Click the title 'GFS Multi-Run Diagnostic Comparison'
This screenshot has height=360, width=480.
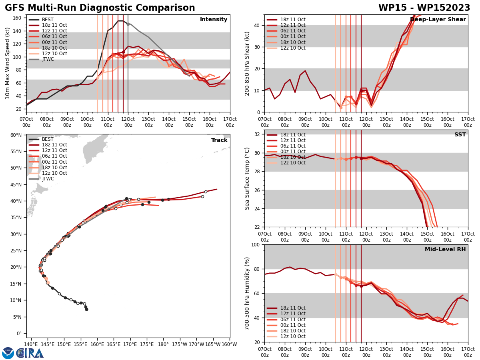pos(100,8)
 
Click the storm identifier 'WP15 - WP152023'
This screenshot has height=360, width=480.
pos(424,8)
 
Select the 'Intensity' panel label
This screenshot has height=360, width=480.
pos(214,20)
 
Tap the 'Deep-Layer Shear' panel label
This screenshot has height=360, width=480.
pos(438,20)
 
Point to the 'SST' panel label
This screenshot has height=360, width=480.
pos(460,135)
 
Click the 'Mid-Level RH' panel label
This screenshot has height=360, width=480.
pos(445,250)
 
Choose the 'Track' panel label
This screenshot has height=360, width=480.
pos(219,140)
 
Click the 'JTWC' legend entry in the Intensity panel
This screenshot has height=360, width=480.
pos(48,59)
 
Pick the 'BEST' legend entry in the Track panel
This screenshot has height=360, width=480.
pos(48,139)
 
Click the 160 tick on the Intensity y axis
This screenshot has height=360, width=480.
pos(18,18)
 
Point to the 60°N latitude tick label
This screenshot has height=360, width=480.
pos(16,135)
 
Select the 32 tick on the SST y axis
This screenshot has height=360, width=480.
pos(258,134)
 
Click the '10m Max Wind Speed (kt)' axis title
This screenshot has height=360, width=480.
pos(7,63)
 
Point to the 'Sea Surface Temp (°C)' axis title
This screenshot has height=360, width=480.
pos(247,178)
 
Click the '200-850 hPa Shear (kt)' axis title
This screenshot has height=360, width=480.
pos(247,63)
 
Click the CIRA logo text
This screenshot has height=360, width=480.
pos(30,353)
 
